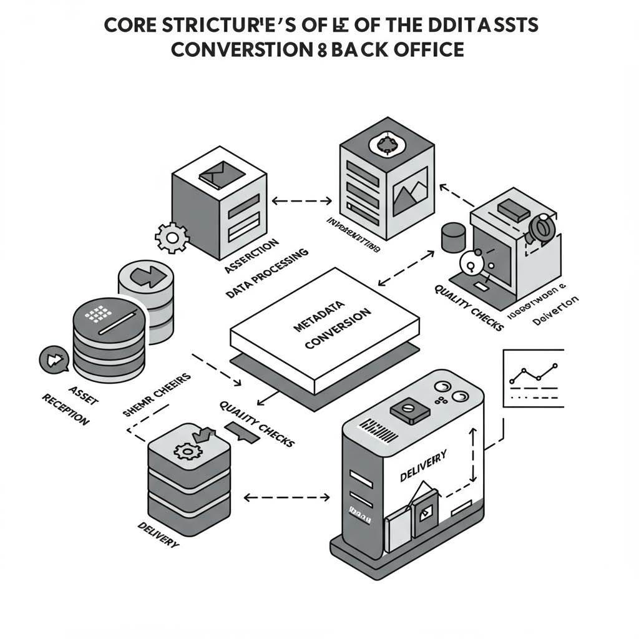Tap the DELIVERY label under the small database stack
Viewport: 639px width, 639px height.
coord(157,535)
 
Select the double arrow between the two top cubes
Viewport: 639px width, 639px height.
coord(303,202)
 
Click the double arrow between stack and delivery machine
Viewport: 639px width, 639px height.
coord(286,497)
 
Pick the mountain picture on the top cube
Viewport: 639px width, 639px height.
coord(409,190)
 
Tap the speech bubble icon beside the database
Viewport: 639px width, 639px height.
coord(52,360)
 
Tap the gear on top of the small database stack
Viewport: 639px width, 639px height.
coord(186,449)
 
